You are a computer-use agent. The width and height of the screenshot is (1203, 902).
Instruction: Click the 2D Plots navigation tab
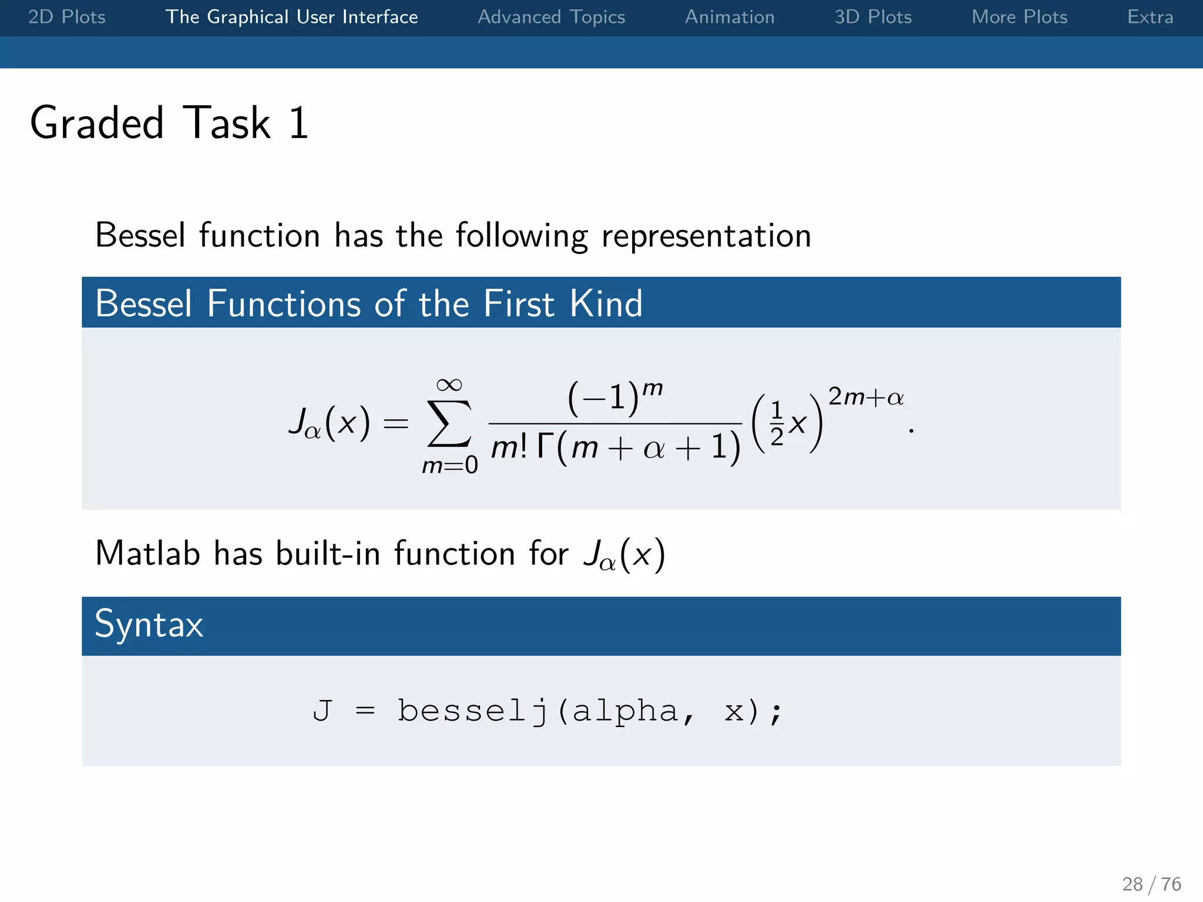[x=67, y=17]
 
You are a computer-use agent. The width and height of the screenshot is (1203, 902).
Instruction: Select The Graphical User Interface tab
[x=291, y=17]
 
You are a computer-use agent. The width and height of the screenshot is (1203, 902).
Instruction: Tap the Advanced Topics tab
[x=551, y=17]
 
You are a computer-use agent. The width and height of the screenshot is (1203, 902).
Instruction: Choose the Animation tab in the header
[x=730, y=17]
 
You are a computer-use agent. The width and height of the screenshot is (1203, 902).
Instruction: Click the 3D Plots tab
[x=873, y=17]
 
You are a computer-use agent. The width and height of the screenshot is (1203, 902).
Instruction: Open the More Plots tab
[x=1019, y=17]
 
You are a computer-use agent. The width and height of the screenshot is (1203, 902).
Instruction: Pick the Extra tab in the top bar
[x=1150, y=17]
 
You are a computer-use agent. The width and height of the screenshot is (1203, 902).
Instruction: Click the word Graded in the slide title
[x=97, y=123]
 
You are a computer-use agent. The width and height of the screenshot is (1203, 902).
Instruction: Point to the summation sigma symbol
[x=449, y=423]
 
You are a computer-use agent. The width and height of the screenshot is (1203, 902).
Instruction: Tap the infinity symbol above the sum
[x=449, y=385]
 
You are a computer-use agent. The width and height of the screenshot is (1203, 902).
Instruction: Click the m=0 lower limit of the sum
[x=450, y=465]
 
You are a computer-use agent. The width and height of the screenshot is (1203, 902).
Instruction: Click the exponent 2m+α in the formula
[x=866, y=398]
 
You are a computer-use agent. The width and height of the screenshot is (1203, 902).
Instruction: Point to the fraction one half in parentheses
[x=777, y=423]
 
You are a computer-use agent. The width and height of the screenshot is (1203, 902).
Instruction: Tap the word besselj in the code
[x=473, y=711]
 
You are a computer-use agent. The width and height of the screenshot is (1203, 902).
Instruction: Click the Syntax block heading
[x=149, y=624]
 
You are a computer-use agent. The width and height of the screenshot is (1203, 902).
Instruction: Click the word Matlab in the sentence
[x=147, y=554]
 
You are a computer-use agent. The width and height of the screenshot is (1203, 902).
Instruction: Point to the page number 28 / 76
[x=1151, y=884]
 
